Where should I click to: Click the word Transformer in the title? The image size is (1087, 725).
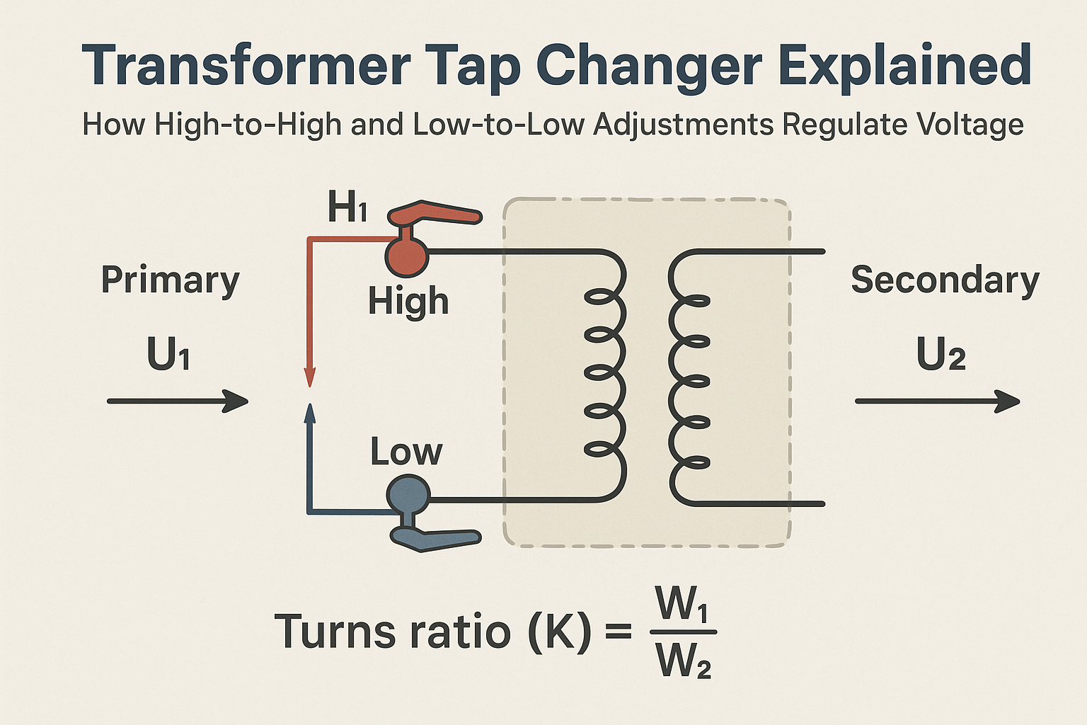(x=247, y=66)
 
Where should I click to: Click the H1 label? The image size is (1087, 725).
(x=347, y=207)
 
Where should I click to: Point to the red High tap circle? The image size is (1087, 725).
(x=406, y=255)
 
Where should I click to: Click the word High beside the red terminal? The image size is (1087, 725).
(x=408, y=302)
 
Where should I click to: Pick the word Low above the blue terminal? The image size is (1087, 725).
(x=406, y=452)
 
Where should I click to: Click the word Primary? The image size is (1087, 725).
(x=170, y=280)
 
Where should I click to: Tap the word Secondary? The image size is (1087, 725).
(x=945, y=280)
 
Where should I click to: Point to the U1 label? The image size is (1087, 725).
(x=168, y=354)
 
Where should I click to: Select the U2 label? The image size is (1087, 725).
(x=941, y=354)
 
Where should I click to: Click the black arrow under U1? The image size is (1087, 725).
(x=177, y=401)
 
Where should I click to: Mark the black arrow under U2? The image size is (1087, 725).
(x=937, y=401)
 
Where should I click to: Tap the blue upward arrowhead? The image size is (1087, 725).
(x=309, y=413)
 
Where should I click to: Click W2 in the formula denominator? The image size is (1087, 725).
(x=684, y=662)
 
